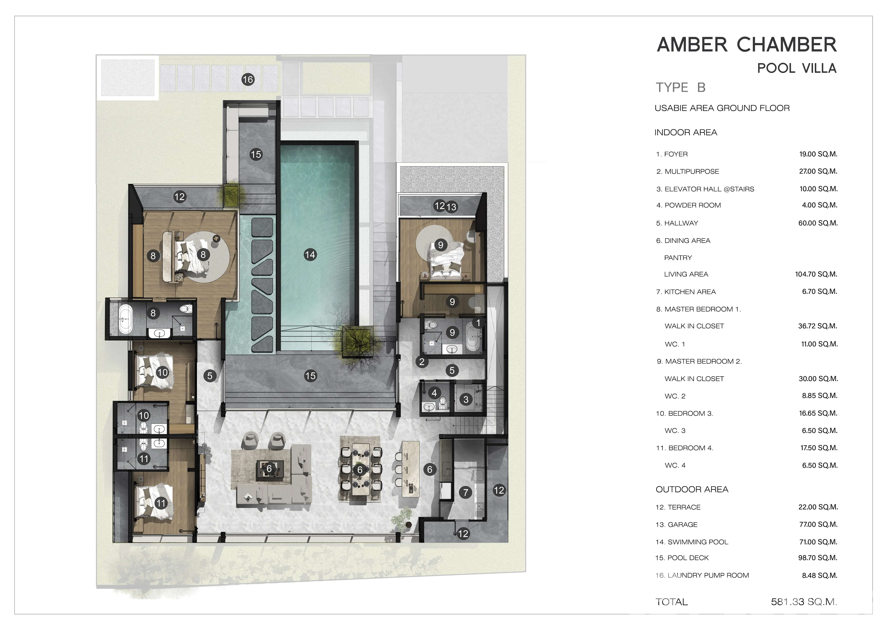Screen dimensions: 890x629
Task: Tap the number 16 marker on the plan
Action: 248,80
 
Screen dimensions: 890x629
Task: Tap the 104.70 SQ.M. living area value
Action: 816,274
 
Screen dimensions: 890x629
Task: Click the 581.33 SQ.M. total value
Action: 804,602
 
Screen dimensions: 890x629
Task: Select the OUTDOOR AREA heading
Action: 692,490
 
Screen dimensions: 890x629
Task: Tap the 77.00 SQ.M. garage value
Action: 818,524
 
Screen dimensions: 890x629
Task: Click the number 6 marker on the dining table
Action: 360,470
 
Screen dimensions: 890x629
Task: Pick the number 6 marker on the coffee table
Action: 269,469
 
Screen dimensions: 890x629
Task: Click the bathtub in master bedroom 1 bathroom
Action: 125,320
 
